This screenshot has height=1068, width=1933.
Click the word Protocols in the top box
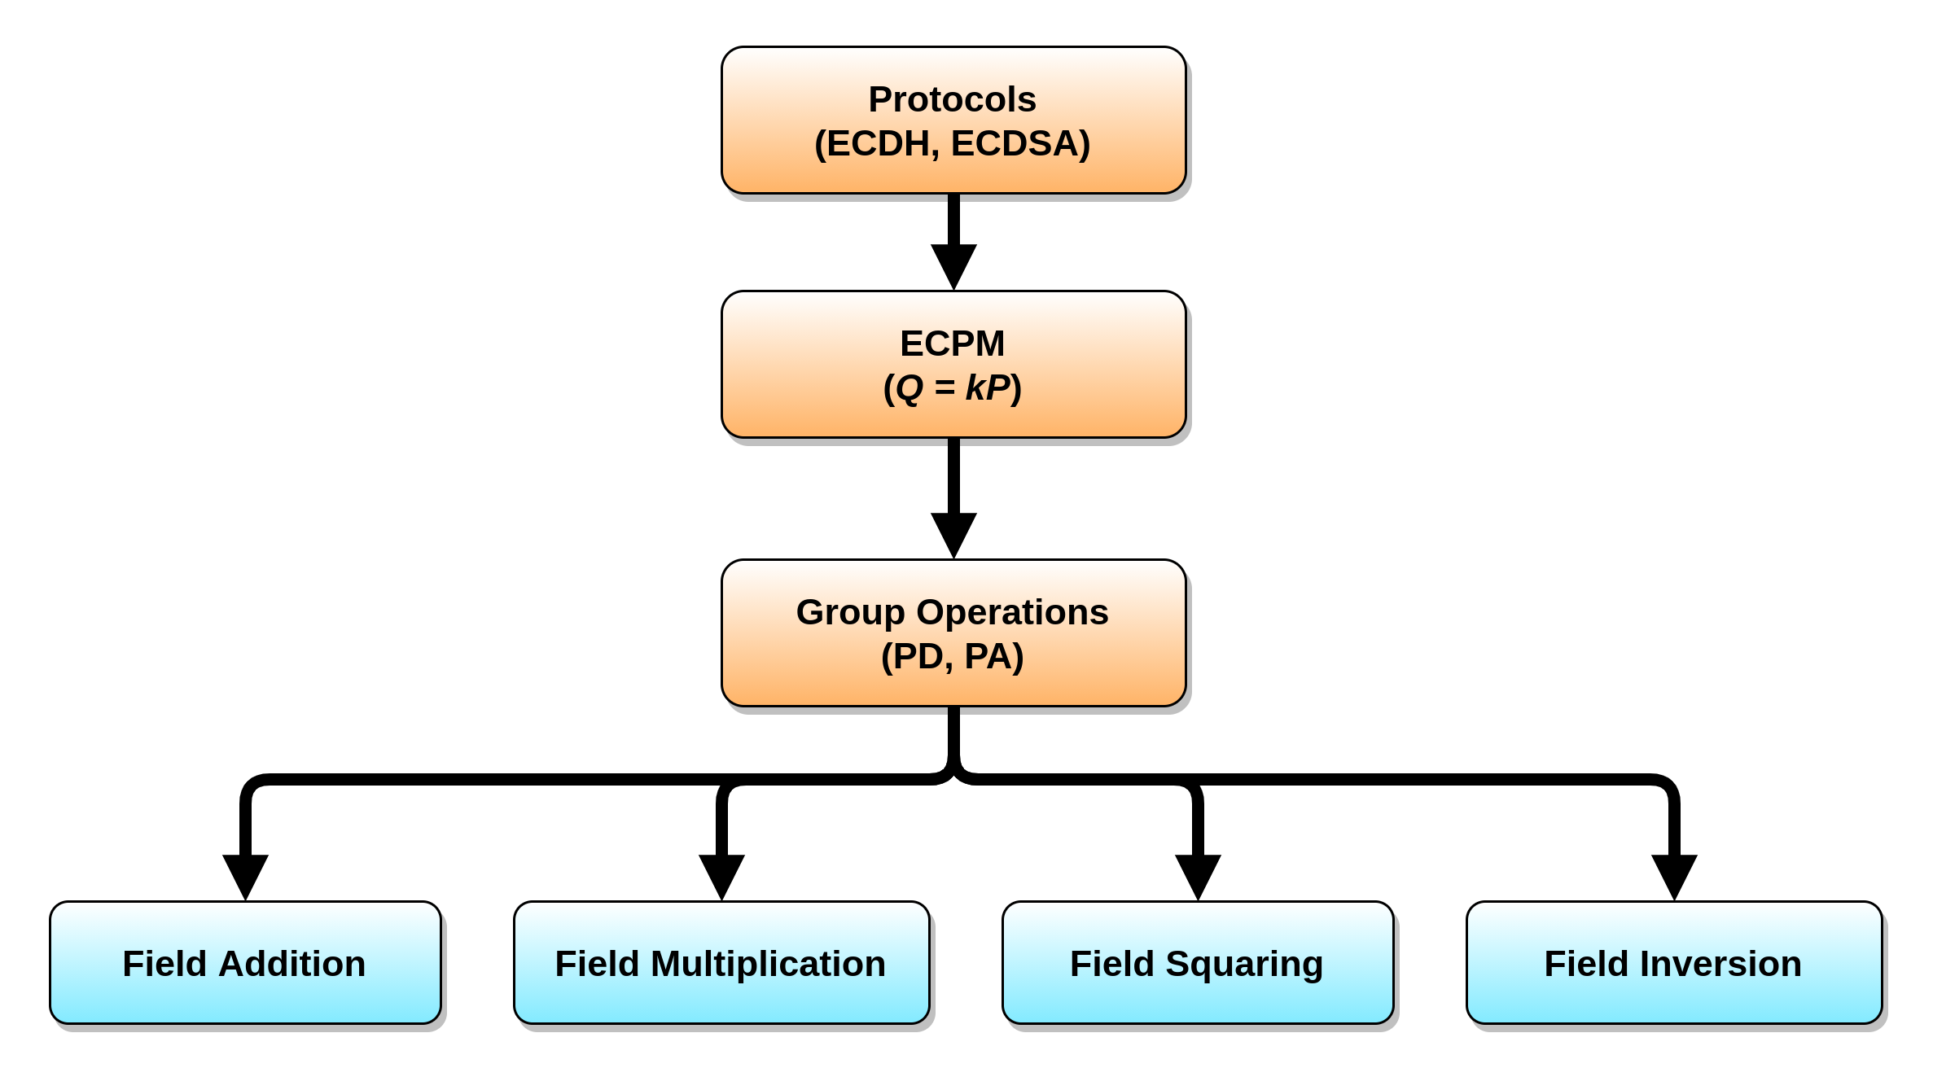(952, 100)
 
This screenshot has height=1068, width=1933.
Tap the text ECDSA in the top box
(1019, 144)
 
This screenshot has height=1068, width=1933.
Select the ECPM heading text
(952, 344)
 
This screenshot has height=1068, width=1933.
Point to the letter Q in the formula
(910, 388)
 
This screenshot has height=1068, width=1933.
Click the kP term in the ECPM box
(987, 388)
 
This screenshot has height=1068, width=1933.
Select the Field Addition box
(245, 963)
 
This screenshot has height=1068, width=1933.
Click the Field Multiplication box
(721, 963)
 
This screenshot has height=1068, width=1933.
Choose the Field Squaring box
(1198, 963)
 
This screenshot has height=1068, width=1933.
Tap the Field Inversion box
(1674, 963)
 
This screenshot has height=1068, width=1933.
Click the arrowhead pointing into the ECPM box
(953, 265)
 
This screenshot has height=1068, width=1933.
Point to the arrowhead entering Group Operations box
(953, 533)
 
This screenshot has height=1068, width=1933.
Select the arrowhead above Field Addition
(245, 874)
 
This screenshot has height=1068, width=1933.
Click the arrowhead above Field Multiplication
(721, 874)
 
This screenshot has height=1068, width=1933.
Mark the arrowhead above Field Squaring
(1198, 874)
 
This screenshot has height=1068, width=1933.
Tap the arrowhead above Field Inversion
(1674, 874)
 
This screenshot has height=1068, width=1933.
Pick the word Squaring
(1243, 965)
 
